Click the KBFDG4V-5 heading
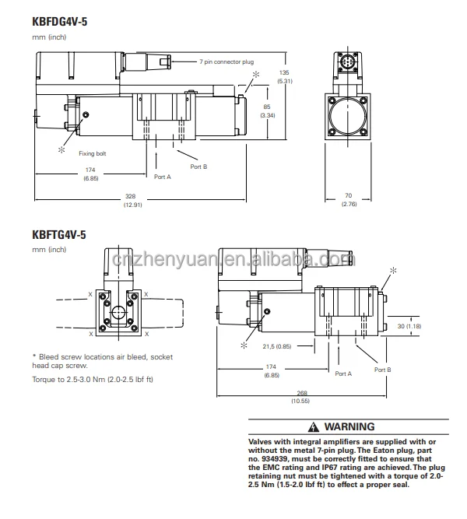tap(60, 22)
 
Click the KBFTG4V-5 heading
tap(59, 235)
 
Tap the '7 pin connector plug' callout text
tap(226, 62)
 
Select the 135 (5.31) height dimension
tap(285, 77)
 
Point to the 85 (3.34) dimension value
tap(267, 111)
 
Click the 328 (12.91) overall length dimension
tap(132, 200)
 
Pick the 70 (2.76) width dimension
tap(349, 200)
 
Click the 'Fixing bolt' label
tap(93, 153)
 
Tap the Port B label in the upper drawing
tap(198, 167)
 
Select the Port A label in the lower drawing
tap(343, 373)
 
